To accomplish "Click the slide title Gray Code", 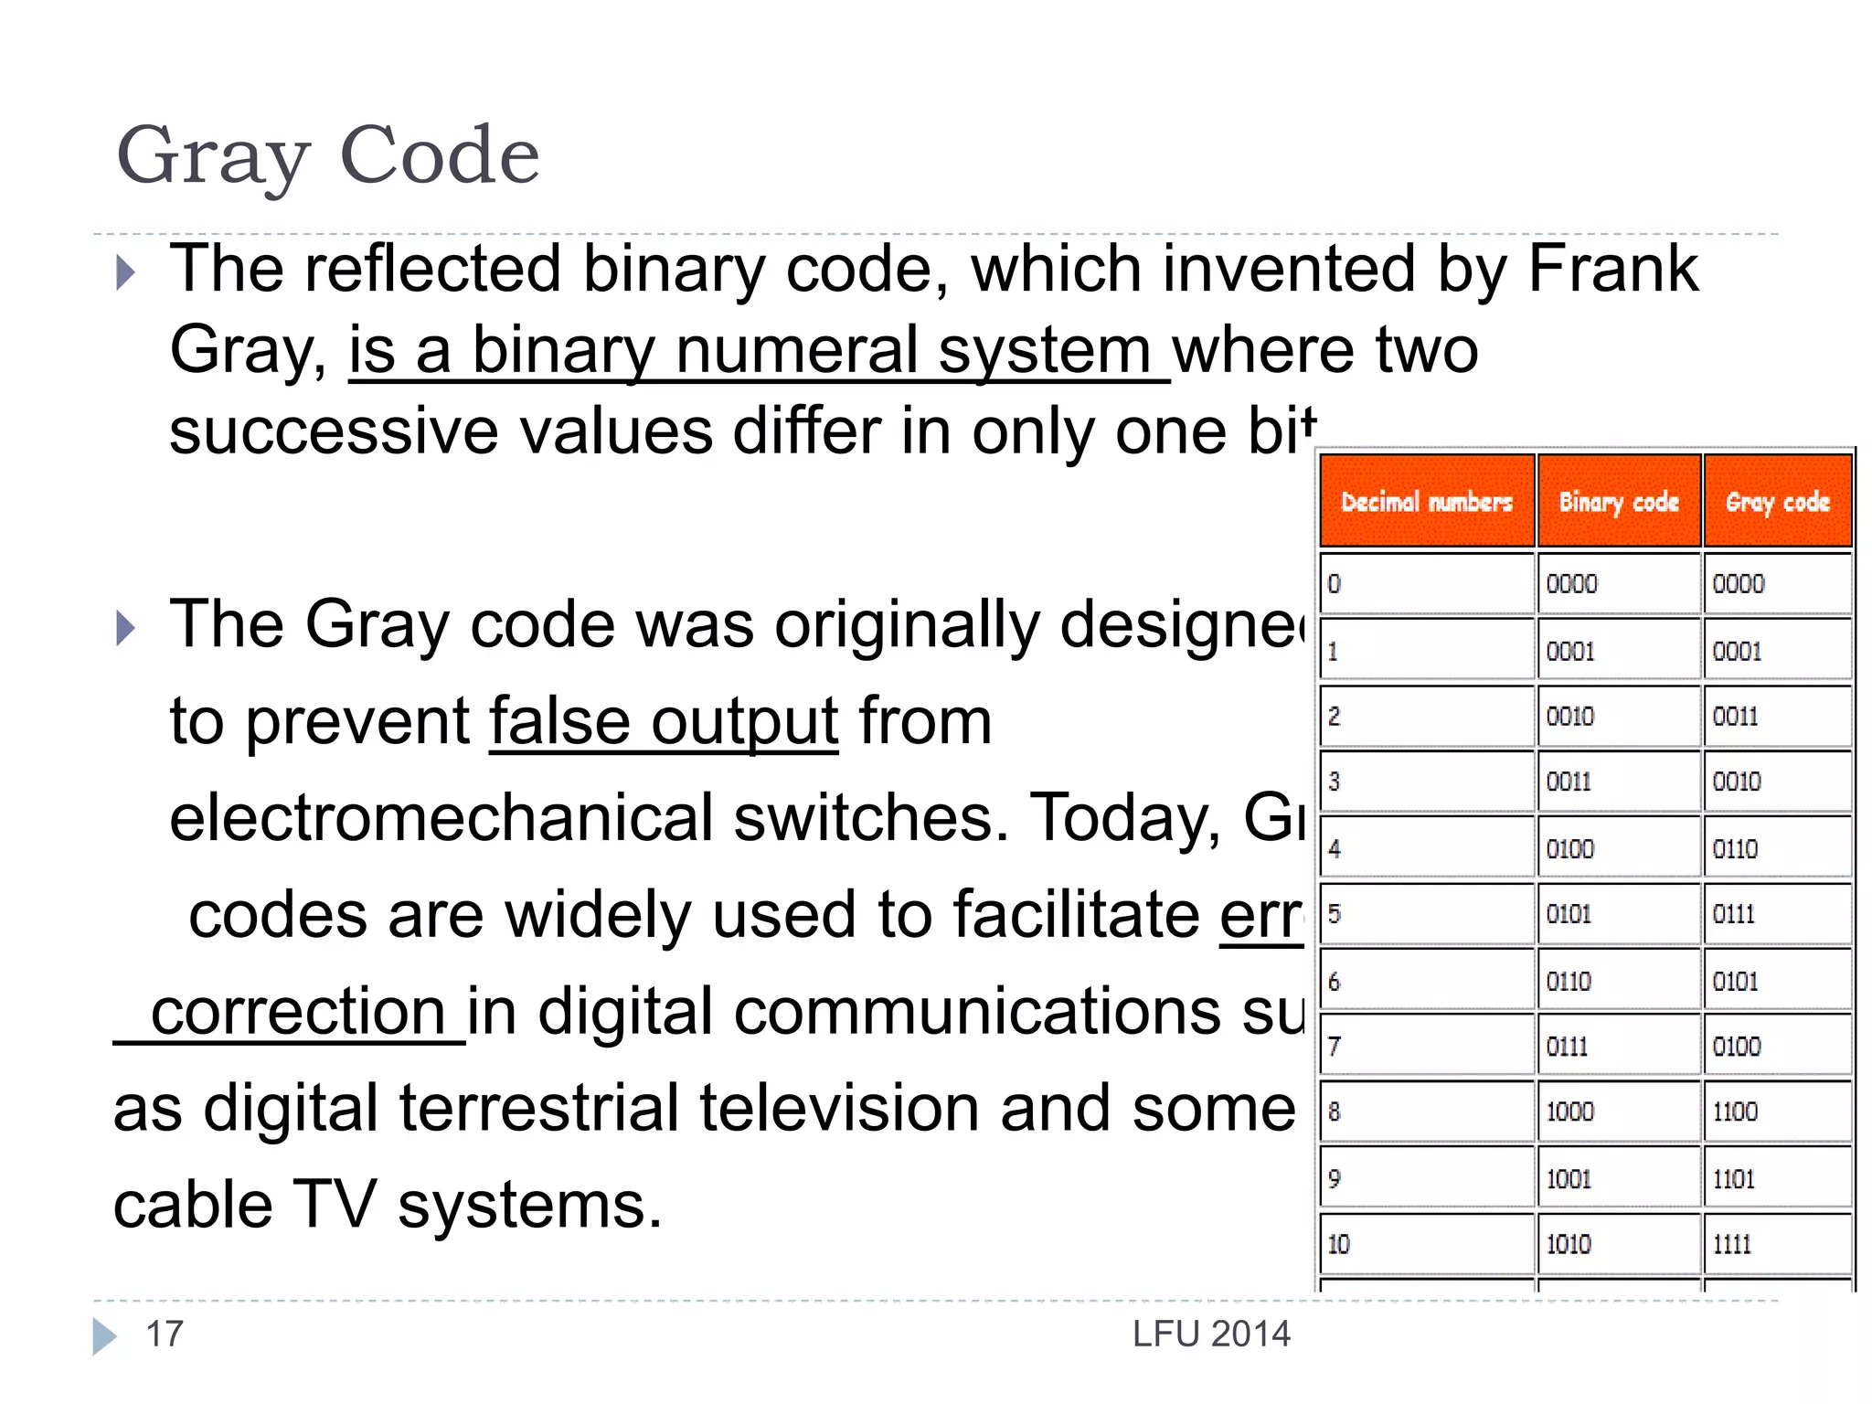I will click(328, 156).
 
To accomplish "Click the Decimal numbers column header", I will click(1426, 502).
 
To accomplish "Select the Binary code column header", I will click(1619, 502).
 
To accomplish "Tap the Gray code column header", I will click(1777, 502).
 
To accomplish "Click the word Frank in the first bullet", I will click(1612, 269).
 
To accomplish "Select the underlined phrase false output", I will click(664, 722).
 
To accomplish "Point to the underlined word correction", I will click(298, 1012).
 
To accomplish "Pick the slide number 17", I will click(165, 1335).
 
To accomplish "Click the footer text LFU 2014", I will click(1211, 1335).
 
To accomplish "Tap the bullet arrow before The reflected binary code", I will click(126, 272).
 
